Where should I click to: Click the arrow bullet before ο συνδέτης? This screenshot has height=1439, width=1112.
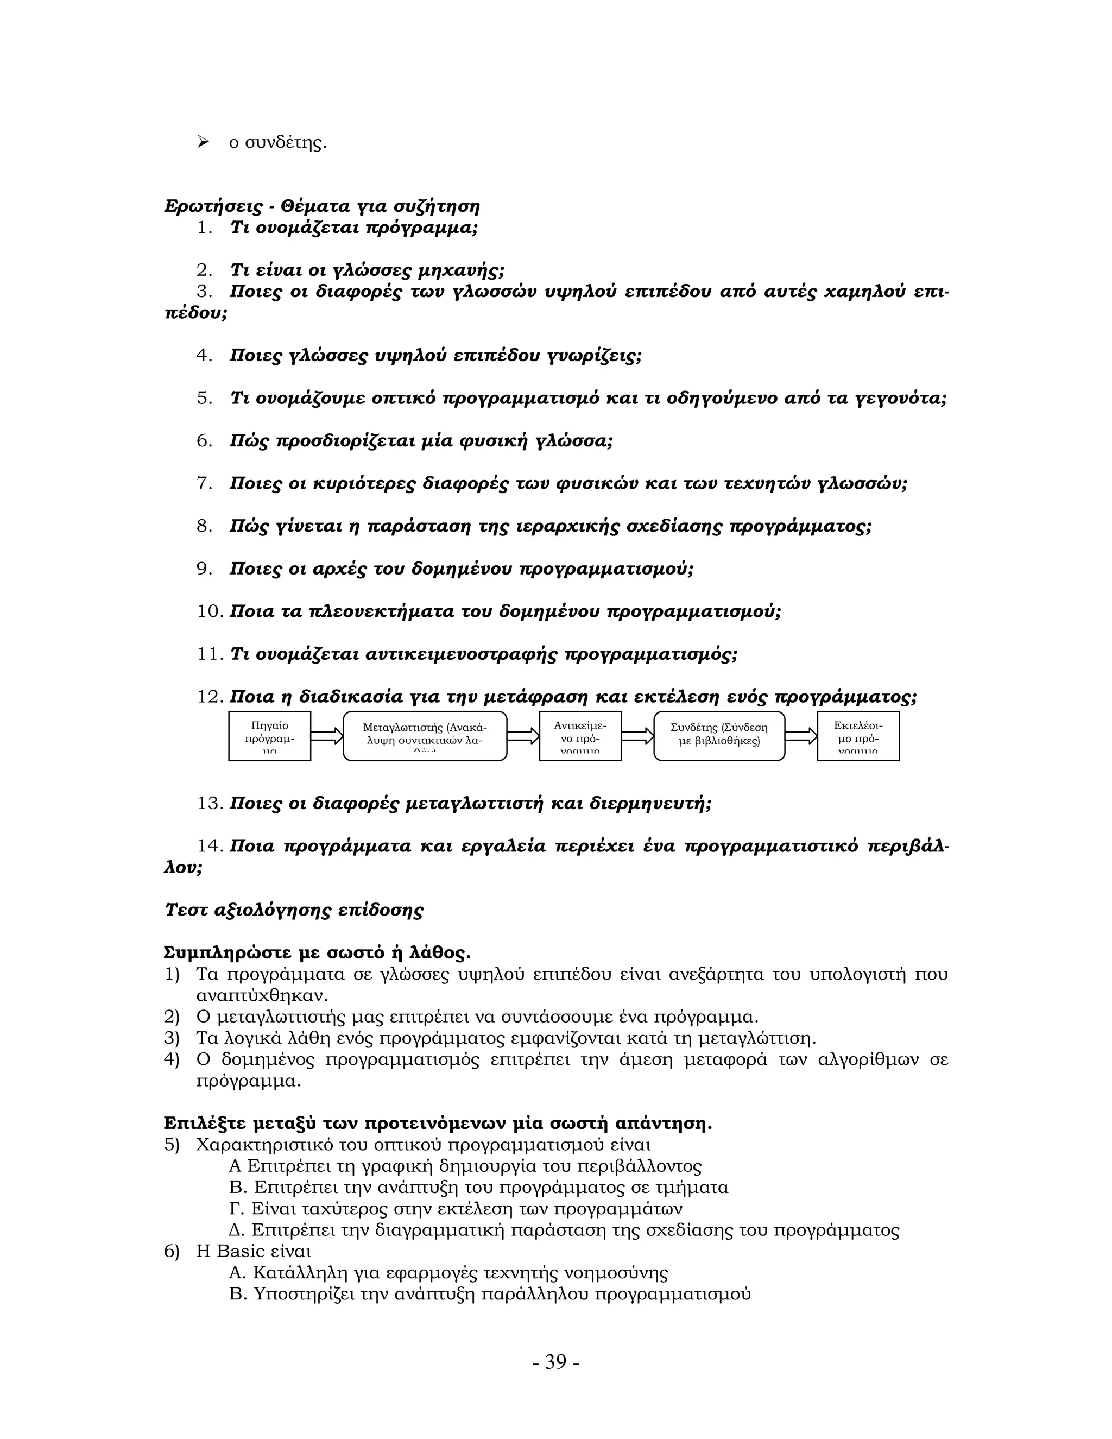(x=203, y=142)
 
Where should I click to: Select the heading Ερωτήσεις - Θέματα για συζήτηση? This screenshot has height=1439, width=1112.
(x=321, y=206)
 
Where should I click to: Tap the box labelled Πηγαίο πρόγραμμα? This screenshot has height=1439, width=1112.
(x=269, y=736)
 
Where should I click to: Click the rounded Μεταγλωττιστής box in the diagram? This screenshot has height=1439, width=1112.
(x=425, y=736)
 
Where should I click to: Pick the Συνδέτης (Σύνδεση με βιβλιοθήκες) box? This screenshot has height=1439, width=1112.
(x=719, y=736)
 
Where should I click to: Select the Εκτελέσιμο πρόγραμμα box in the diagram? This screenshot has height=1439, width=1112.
(x=858, y=736)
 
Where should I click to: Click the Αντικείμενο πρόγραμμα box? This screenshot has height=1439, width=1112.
(x=580, y=736)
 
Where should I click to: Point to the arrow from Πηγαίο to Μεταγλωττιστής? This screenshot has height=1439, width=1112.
(x=327, y=736)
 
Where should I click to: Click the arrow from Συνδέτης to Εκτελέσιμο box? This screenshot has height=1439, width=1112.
(x=801, y=736)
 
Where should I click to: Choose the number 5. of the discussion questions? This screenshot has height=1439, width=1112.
(x=204, y=399)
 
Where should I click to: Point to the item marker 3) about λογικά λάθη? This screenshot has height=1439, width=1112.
(x=172, y=1038)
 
